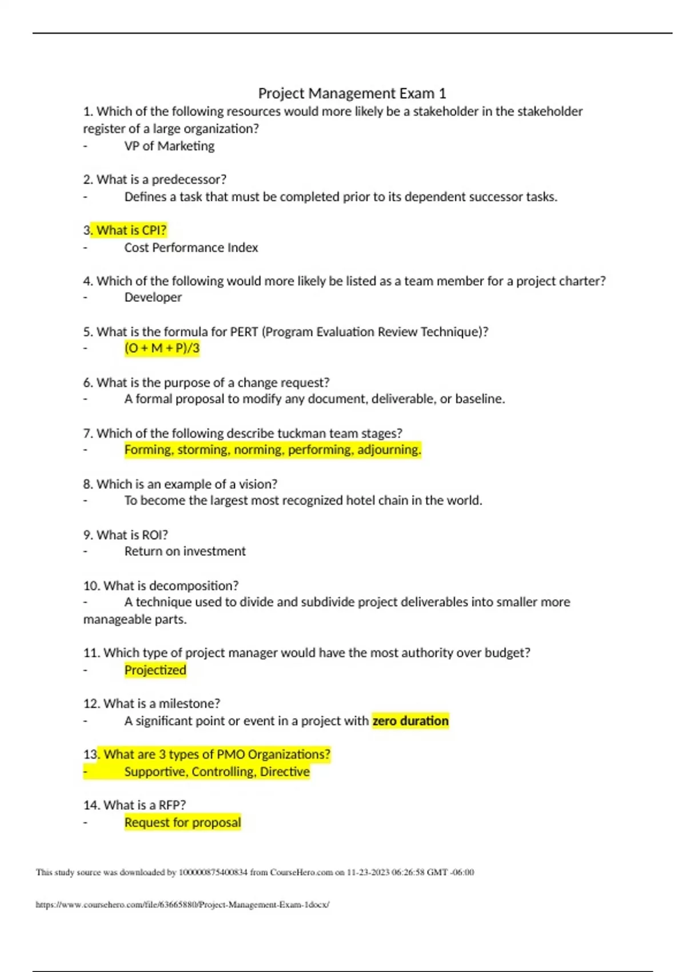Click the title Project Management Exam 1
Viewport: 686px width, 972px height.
352,93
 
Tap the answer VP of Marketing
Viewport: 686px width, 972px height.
169,146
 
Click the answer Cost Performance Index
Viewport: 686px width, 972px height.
191,248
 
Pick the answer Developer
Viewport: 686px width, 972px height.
153,297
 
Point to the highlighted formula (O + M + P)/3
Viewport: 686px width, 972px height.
162,348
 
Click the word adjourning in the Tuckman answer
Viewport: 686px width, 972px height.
389,450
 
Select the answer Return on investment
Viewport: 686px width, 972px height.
185,551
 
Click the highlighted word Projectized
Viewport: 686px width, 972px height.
155,670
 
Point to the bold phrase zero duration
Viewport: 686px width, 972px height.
410,721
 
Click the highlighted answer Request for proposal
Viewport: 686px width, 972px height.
182,823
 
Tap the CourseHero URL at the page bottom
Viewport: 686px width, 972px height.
182,905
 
